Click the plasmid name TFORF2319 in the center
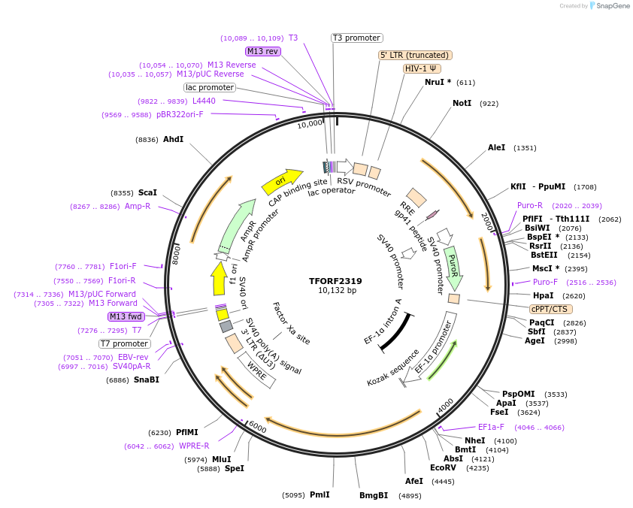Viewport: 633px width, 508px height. (335, 281)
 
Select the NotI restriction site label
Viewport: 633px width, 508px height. (462, 103)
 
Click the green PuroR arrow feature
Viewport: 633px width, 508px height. (453, 267)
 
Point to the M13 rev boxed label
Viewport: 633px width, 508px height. (263, 51)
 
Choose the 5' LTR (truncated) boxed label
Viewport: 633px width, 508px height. (414, 55)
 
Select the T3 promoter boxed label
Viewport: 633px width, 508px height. (357, 38)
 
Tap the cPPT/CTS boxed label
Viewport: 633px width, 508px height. (551, 309)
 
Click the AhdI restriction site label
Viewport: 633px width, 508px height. (173, 139)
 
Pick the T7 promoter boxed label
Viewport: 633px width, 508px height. (124, 343)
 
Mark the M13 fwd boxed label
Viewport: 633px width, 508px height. (126, 316)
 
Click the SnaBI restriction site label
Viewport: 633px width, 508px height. (146, 379)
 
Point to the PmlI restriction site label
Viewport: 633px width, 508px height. (320, 494)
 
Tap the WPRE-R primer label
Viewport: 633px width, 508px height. (194, 446)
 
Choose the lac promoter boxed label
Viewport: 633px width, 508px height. (210, 87)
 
